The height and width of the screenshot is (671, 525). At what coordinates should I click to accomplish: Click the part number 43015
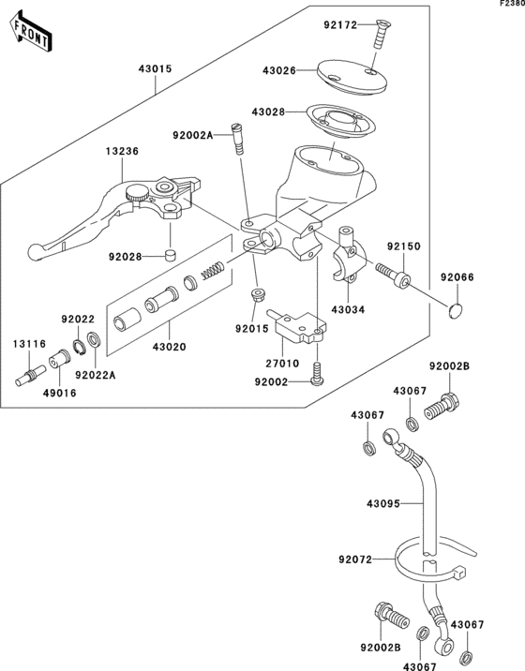(157, 69)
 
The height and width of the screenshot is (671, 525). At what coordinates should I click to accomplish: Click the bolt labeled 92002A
(239, 142)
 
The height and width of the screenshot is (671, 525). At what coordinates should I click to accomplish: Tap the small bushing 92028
(171, 255)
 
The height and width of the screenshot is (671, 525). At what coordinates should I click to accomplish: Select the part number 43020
(170, 347)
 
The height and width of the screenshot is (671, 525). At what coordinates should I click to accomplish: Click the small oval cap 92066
(457, 308)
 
